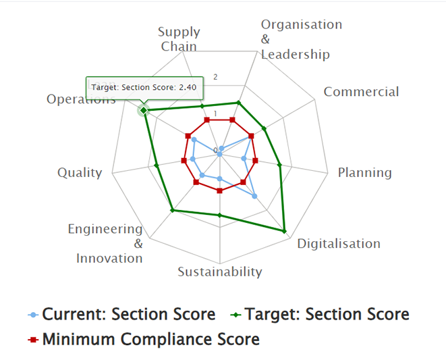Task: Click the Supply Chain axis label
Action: (x=179, y=39)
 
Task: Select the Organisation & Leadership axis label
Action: (x=302, y=39)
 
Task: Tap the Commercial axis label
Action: (x=361, y=92)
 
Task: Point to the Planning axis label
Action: (x=364, y=172)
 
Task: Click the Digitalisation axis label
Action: (x=339, y=243)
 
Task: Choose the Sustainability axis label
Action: (x=219, y=272)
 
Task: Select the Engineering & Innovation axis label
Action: (x=107, y=243)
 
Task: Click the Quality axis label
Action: (x=80, y=172)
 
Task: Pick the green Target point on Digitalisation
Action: (x=285, y=232)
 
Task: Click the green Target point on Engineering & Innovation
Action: (x=173, y=211)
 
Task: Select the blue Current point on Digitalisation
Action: (x=254, y=196)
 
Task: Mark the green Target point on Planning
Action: (x=280, y=164)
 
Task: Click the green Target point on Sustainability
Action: (x=219, y=215)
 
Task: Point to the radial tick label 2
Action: (x=215, y=77)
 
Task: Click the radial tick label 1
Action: (x=215, y=113)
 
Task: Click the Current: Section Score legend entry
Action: (x=122, y=315)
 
